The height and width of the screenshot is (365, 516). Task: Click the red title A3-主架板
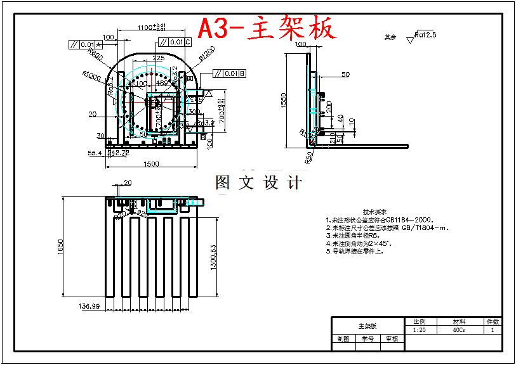click(266, 29)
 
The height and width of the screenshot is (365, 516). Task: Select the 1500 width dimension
click(150, 164)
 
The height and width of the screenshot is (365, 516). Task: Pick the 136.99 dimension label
click(89, 306)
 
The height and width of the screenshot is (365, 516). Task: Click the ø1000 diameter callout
click(91, 77)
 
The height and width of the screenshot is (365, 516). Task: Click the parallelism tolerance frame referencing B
click(229, 74)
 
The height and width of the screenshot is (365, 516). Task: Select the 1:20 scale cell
click(419, 330)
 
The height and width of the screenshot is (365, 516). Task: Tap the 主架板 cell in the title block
click(367, 326)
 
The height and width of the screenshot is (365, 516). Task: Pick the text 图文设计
click(258, 183)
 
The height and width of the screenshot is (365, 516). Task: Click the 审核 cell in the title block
click(392, 339)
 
